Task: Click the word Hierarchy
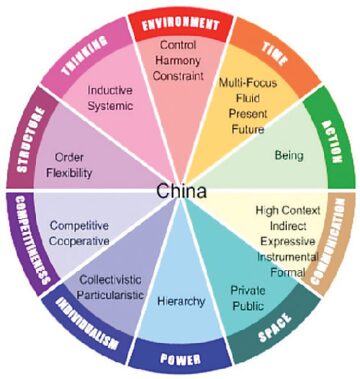click(182, 301)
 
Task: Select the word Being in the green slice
click(288, 156)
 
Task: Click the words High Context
click(290, 210)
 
